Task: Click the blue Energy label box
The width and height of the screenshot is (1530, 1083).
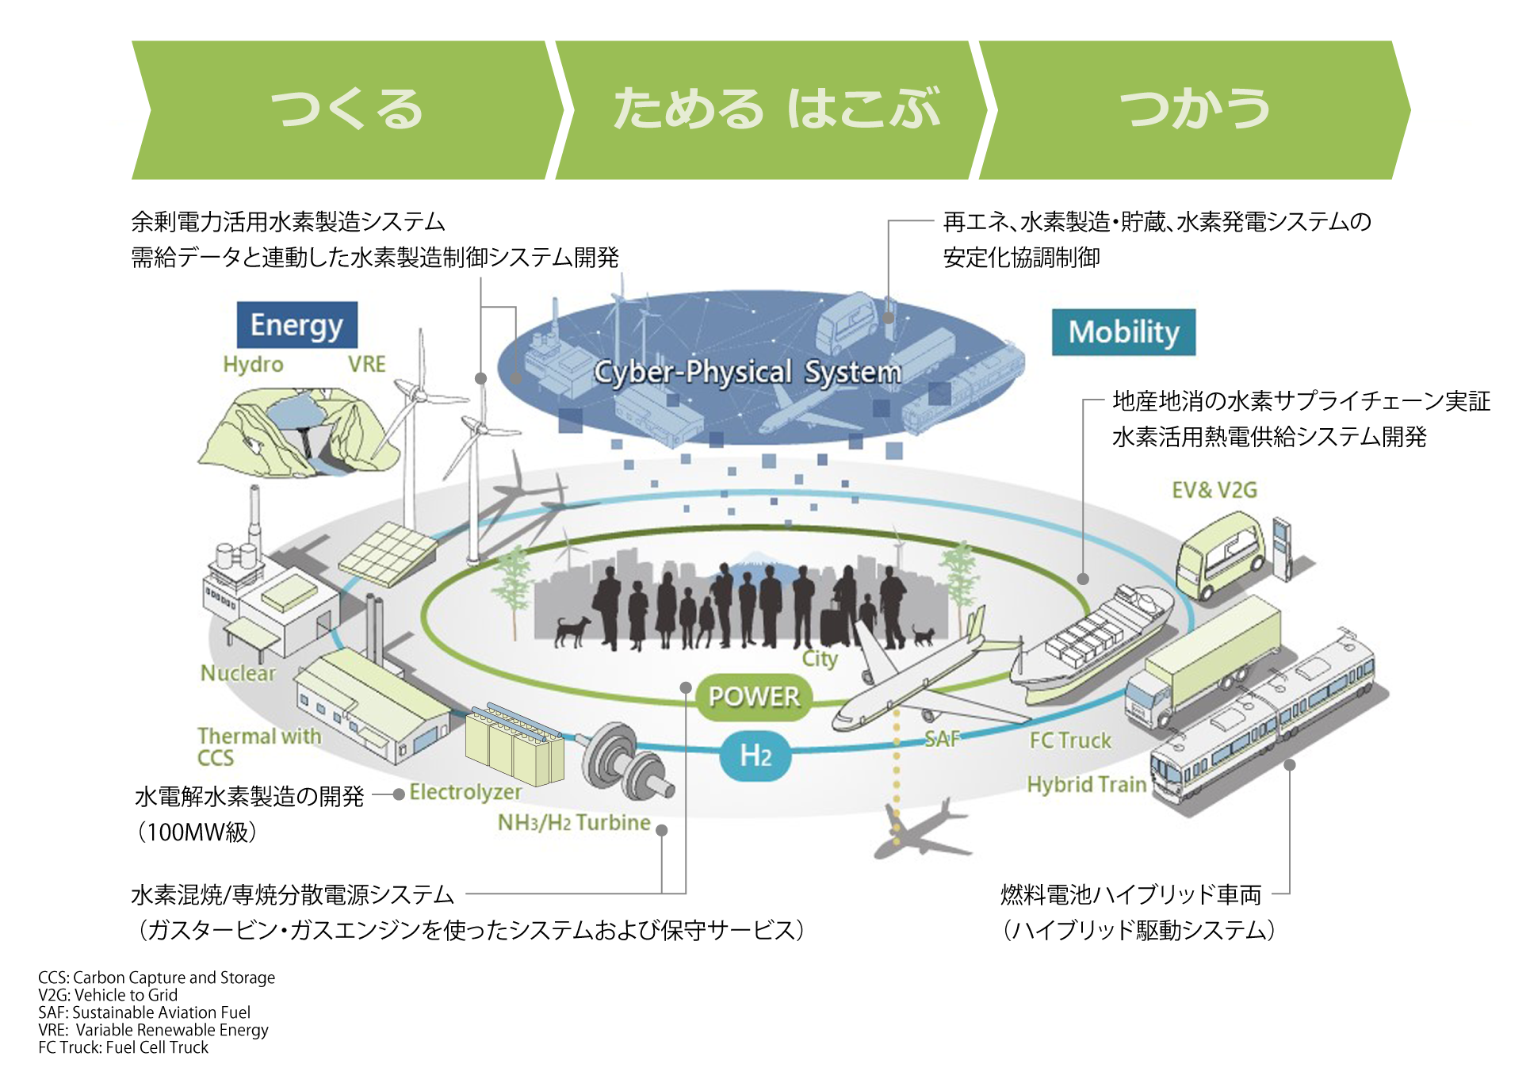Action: coord(297,325)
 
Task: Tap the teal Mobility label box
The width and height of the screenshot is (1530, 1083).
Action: coord(1123,332)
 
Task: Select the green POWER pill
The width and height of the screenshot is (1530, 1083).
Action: coord(754,697)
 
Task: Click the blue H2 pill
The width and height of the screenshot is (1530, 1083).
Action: coord(755,756)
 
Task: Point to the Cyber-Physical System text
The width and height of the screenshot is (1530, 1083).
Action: coord(748,372)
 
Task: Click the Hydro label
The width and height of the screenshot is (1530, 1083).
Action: coord(253,365)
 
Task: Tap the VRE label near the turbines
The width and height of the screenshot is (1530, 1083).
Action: coord(366,364)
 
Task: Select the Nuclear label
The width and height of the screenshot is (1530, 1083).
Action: coord(238,673)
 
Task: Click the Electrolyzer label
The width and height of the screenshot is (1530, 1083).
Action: coord(465,793)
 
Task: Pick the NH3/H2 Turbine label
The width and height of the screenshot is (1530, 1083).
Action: coord(574,823)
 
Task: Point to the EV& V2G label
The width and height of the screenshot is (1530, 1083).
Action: coord(1214,490)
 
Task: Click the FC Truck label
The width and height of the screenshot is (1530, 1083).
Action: coord(1070,740)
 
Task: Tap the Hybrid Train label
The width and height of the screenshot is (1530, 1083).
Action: coord(1087,785)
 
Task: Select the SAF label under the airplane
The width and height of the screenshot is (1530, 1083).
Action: coord(942,740)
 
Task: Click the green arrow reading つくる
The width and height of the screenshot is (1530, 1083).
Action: coord(347,110)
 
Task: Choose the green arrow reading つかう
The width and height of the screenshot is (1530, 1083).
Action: coord(1195,110)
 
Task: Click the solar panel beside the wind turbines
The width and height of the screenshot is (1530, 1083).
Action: coord(388,553)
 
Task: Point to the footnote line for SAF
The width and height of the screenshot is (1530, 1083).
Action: coord(144,1012)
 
